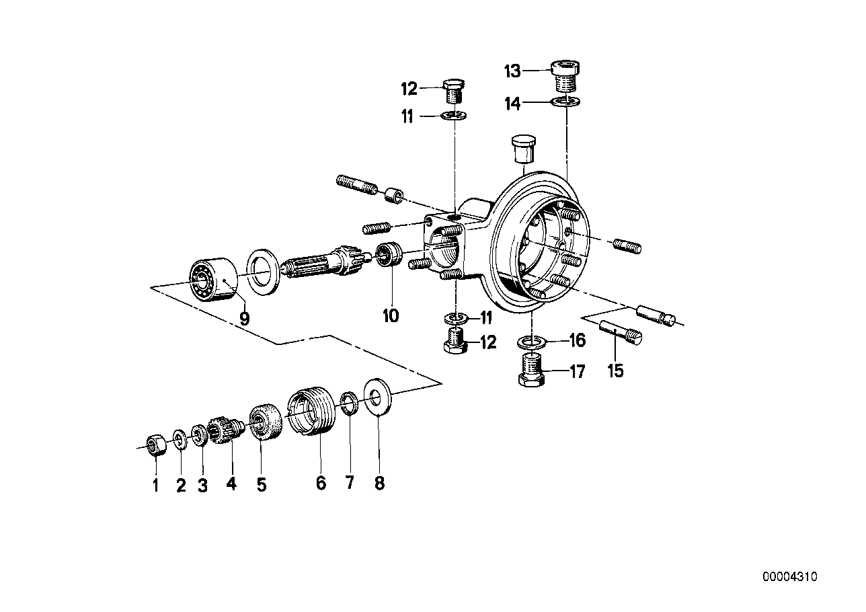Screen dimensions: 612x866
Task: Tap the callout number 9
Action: tap(244, 318)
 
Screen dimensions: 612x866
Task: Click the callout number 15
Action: tap(615, 370)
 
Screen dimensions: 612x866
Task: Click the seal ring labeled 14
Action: tap(566, 102)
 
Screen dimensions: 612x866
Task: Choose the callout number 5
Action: tap(261, 484)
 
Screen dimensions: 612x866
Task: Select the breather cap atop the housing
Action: tap(522, 148)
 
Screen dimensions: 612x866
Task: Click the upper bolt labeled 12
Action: tap(456, 92)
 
